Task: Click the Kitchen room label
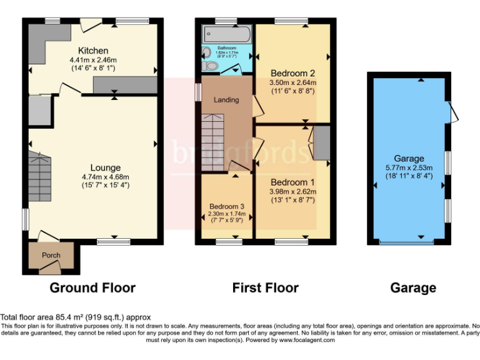pos(93,51)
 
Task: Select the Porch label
pos(51,255)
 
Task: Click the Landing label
pos(226,99)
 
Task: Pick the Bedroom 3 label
pos(226,207)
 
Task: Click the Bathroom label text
pos(226,47)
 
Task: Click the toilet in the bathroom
pos(211,64)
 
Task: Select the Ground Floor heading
pos(92,288)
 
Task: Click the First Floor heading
pos(265,288)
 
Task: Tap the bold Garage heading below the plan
pos(413,288)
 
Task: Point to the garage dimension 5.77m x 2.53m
pos(409,167)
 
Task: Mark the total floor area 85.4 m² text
pos(76,317)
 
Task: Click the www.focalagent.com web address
pos(307,341)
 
